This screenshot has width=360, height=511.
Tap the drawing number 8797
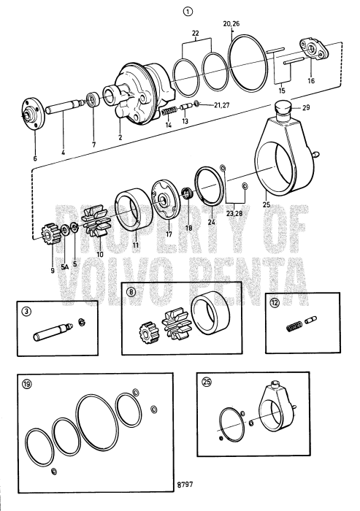(186, 503)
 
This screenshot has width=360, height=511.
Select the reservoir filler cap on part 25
(282, 111)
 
